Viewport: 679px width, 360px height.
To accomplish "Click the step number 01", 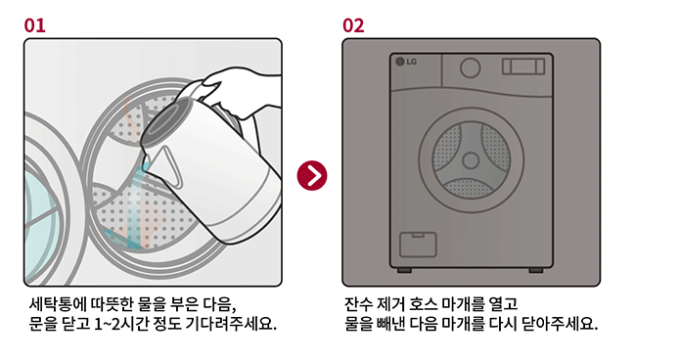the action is pos(34,25).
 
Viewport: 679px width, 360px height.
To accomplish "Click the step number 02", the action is pos(353,25).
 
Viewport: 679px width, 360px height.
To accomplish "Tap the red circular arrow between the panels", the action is pos(312,175).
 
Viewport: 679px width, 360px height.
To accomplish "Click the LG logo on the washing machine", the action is pos(406,62).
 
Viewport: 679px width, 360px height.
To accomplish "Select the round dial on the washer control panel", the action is pos(470,68).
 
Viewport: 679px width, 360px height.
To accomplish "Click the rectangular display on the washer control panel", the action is pos(523,67).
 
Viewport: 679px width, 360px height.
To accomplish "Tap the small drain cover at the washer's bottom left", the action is pos(418,245).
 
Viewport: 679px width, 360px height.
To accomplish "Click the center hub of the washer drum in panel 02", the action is pos(471,160).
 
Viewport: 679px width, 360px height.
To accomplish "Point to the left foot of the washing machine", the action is pos(405,271).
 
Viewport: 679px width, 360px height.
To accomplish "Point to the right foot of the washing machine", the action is pos(535,271).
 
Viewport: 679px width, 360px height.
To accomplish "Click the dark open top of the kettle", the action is pos(165,121).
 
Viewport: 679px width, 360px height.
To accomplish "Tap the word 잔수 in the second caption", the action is pos(359,304).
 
